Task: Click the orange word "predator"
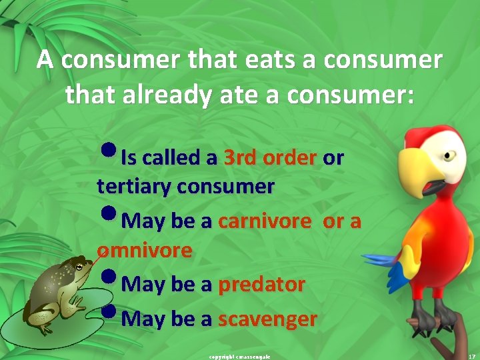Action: [x=261, y=285]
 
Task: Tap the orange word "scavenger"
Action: [x=267, y=319]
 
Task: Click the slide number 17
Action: [x=470, y=356]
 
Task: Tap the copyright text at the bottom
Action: [x=239, y=356]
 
